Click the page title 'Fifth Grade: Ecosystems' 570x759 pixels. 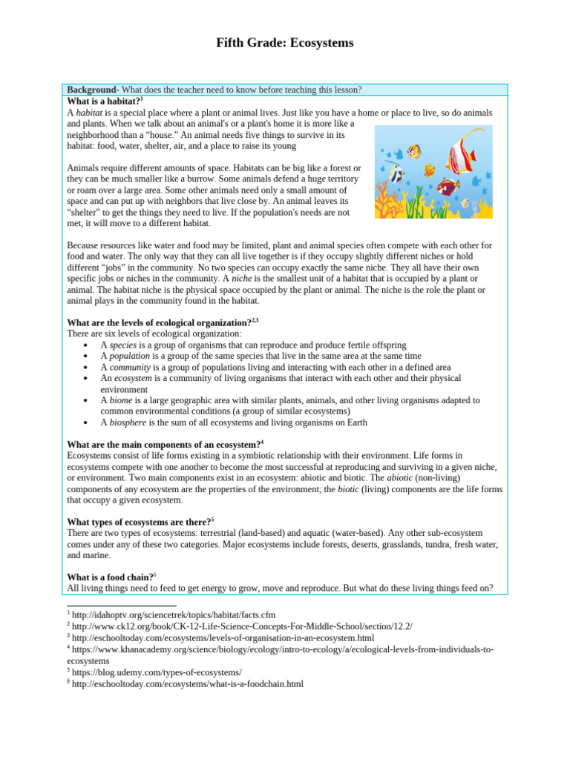[284, 43]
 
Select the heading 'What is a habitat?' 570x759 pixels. [103, 101]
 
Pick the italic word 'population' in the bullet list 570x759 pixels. [129, 357]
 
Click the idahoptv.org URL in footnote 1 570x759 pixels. [174, 614]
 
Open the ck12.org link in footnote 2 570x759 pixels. [242, 626]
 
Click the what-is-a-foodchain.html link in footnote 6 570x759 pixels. [188, 683]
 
